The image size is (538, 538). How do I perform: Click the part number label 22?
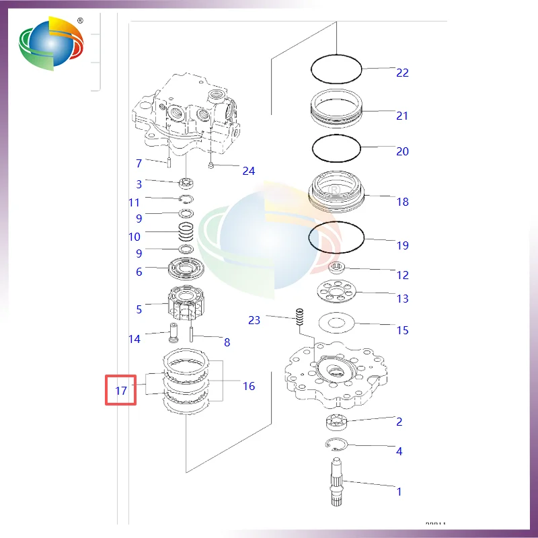pos(402,73)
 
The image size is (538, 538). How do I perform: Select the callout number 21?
pos(402,116)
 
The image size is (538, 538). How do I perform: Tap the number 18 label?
pos(402,202)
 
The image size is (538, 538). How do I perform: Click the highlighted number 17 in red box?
pos(121,389)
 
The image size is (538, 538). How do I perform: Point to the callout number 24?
pos(249,171)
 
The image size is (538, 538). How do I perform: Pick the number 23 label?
pos(254,320)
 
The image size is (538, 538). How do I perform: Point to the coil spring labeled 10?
pos(186,236)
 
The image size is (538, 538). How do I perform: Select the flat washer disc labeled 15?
pos(336,324)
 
